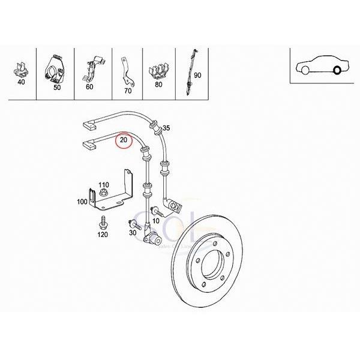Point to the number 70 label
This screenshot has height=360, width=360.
pos(127,92)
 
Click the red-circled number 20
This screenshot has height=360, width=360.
pos(124,141)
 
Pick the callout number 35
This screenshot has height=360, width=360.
pos(167,128)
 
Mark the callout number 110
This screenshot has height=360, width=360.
pos(103,184)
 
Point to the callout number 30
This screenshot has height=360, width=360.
pos(133,233)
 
